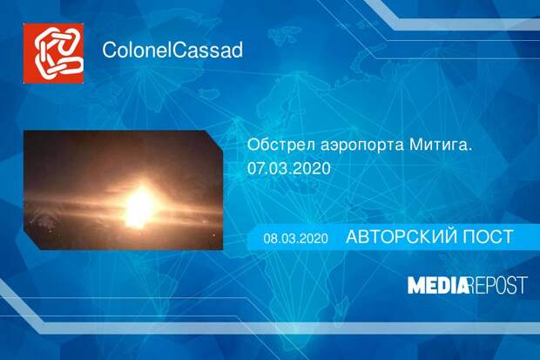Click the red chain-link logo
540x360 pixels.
[53, 53]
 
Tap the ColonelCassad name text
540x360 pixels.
[172, 50]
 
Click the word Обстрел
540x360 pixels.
[280, 145]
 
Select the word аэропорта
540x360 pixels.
[361, 146]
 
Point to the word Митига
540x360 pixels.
[440, 145]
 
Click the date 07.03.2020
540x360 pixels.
[289, 168]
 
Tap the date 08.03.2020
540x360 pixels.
[295, 239]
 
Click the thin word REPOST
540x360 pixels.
[498, 285]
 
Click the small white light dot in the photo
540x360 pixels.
[214, 234]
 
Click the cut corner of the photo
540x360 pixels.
[214, 139]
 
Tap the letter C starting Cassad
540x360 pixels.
[179, 50]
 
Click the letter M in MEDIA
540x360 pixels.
[416, 285]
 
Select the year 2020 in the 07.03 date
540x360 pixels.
[313, 168]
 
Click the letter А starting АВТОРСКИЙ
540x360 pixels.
[353, 236]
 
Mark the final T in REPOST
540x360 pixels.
[523, 285]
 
